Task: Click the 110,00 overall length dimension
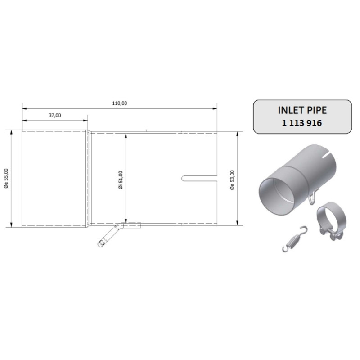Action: [119, 103]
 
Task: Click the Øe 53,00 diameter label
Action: [232, 180]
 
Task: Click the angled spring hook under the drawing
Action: [108, 236]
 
